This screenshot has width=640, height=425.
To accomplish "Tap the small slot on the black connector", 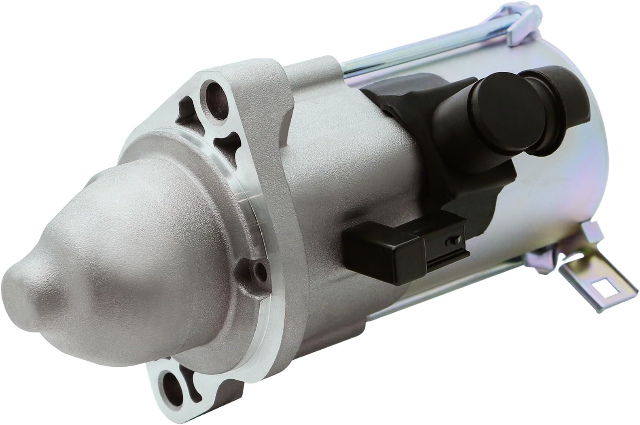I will (448, 242).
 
